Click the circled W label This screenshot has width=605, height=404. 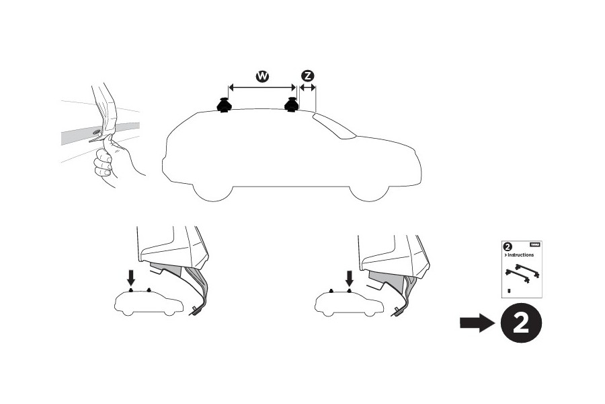tap(262, 77)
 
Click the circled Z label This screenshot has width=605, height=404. tap(309, 76)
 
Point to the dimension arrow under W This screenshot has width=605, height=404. tap(262, 87)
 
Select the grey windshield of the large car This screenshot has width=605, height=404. tap(334, 126)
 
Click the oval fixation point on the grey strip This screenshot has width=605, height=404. tap(96, 132)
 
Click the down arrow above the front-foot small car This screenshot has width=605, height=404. tap(348, 277)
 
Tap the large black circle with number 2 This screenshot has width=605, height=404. tap(520, 324)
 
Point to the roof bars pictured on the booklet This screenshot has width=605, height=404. tap(523, 273)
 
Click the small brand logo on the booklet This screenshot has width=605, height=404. tap(535, 246)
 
